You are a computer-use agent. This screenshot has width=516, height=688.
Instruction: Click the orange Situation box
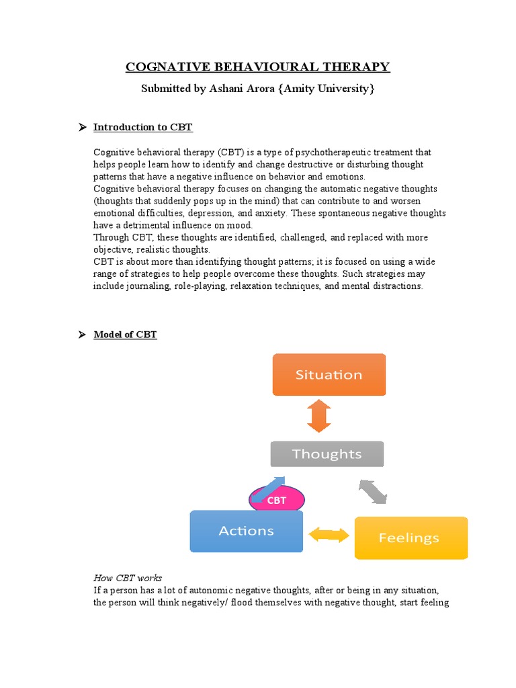click(329, 375)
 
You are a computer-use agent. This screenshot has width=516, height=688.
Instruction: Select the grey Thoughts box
click(327, 454)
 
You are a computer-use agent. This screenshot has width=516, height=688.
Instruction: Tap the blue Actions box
click(247, 531)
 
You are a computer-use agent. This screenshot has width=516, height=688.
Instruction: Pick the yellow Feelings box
click(411, 537)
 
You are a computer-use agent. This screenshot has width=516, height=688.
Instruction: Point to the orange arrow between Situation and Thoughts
click(319, 416)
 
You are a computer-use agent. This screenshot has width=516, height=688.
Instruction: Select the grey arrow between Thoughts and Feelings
click(373, 491)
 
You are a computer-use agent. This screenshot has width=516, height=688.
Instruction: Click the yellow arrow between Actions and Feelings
click(329, 535)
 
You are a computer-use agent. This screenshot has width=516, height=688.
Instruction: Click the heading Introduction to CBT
click(142, 127)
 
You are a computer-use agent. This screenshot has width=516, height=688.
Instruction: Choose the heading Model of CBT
click(125, 335)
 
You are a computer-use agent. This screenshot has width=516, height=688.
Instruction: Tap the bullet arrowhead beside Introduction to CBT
click(83, 127)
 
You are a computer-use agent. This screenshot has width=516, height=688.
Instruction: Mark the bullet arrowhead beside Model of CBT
click(83, 335)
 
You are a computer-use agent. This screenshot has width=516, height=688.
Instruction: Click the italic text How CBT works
click(127, 578)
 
